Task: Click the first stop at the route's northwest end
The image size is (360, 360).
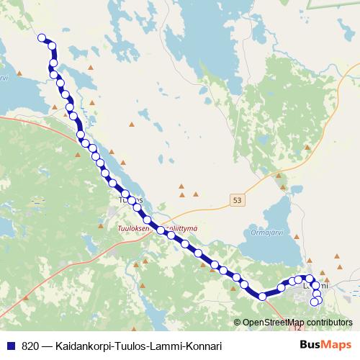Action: coord(42,38)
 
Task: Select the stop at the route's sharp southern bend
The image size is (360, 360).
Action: coord(263,296)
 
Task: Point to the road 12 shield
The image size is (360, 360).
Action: coord(300,329)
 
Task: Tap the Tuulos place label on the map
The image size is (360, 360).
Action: coord(130,199)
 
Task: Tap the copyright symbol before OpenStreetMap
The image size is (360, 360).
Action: coord(237,323)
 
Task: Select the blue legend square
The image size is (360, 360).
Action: coord(11,346)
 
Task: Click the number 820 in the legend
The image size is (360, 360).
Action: coord(31,346)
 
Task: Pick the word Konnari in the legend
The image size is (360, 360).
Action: coord(202,346)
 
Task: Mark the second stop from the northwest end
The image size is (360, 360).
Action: coord(53,46)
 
